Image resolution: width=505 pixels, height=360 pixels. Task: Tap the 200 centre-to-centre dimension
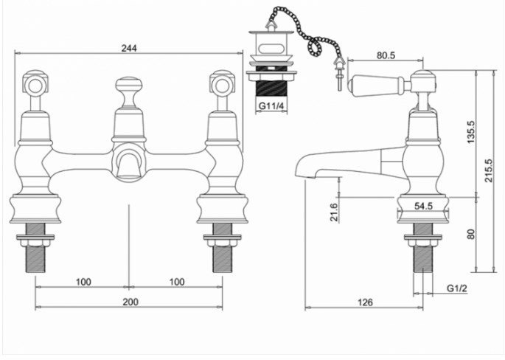tap(129, 302)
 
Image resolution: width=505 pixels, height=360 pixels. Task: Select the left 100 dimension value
tap(83, 282)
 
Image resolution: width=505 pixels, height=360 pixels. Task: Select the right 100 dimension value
tap(176, 282)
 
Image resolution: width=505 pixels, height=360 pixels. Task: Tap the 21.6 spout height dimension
tap(332, 212)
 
